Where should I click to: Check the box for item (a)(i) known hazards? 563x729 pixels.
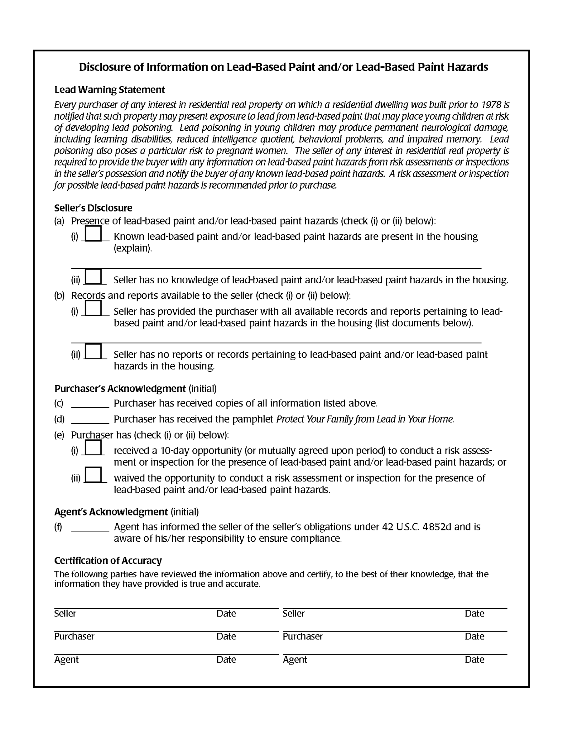[93, 234]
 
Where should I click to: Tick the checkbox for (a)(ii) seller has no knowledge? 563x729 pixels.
[94, 277]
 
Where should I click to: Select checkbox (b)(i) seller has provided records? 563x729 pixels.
[93, 308]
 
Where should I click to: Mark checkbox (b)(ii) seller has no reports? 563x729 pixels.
[94, 351]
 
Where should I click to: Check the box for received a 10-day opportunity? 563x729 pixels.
[93, 447]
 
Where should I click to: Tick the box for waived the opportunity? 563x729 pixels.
[94, 475]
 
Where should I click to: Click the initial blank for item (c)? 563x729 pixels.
[90, 403]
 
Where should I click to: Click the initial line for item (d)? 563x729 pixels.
[90, 419]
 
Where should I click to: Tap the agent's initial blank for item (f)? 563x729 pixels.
[90, 527]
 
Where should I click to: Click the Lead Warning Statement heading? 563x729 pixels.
[109, 90]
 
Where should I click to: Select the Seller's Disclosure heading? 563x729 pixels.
[93, 208]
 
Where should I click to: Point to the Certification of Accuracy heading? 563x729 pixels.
[108, 561]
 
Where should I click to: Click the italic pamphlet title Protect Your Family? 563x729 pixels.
[365, 419]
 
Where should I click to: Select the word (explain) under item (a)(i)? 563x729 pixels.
[133, 248]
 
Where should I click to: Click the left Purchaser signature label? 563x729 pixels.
[74, 636]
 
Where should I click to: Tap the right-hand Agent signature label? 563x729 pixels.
[294, 660]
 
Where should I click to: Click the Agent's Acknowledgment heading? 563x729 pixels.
[111, 512]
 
